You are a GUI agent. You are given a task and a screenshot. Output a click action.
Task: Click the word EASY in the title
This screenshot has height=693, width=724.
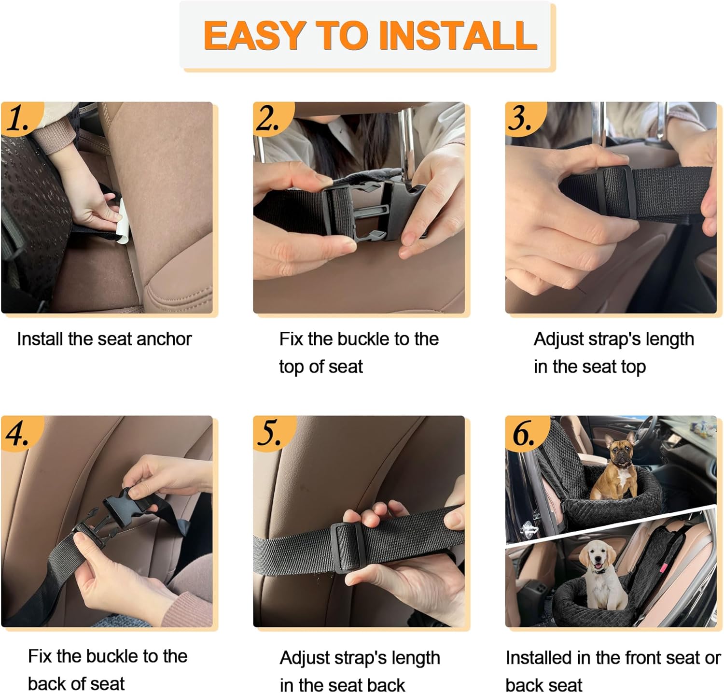point(254,35)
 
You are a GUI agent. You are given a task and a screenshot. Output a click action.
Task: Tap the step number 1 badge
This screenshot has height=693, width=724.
point(19,117)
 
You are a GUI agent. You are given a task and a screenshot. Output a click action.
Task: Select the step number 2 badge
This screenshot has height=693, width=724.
point(270,117)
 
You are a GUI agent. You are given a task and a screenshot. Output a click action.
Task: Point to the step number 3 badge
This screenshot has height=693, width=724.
point(522,117)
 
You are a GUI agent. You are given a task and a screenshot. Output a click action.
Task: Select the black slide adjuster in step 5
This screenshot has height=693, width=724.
point(347,547)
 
